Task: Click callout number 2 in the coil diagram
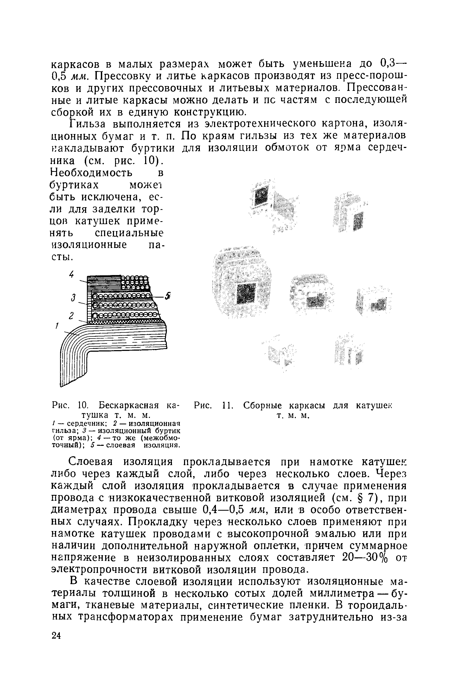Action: (71, 316)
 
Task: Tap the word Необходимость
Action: (91, 173)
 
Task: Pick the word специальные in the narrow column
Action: (129, 233)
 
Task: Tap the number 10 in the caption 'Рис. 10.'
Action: (83, 406)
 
